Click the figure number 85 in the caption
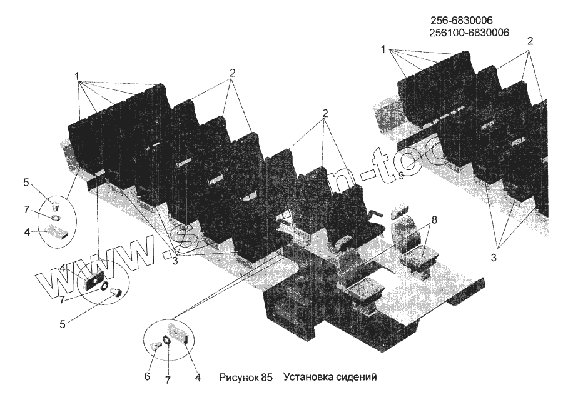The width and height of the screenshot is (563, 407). (x=267, y=378)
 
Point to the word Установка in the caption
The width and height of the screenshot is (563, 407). (x=306, y=378)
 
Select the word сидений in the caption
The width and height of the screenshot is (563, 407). (x=355, y=378)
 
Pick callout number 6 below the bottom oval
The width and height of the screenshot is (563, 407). (x=148, y=376)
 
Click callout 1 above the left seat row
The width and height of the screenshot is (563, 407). (x=78, y=76)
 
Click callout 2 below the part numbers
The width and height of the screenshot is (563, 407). (x=530, y=42)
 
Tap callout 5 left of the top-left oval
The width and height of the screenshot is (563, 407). (x=26, y=183)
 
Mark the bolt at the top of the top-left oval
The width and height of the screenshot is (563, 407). (x=55, y=204)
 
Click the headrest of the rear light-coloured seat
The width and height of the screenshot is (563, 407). (x=398, y=212)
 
